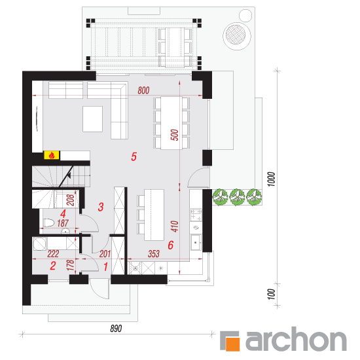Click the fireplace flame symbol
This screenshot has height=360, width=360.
[x=52, y=155]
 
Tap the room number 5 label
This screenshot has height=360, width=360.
[x=134, y=157]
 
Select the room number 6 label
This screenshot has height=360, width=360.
[x=171, y=245]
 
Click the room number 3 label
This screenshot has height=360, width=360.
[x=101, y=207]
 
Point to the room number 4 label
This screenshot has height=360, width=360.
[x=63, y=214]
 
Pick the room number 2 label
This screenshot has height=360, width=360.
[x=53, y=266]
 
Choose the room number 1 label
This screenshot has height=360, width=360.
[x=105, y=267]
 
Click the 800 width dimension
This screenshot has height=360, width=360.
[x=143, y=90]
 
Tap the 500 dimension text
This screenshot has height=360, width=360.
[x=175, y=135]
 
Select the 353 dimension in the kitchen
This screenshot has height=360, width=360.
[x=154, y=254]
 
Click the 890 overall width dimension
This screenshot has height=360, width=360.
[x=116, y=329]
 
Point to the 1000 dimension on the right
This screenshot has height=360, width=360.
[x=272, y=179]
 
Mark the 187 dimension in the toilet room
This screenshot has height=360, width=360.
[x=63, y=223]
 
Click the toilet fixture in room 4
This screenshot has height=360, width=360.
[x=48, y=223]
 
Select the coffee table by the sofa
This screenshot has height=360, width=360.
[x=92, y=119]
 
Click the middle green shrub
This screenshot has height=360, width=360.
[x=238, y=197]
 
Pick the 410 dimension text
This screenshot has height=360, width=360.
[x=175, y=226]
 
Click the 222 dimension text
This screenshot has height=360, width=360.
[x=53, y=254]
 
